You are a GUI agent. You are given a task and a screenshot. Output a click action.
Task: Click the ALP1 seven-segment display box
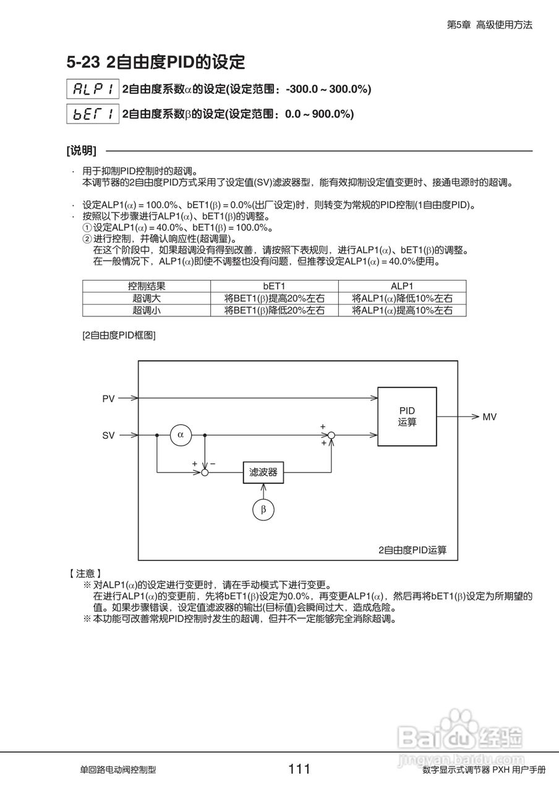click(92, 89)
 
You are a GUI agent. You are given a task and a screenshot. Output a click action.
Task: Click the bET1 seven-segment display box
click(92, 114)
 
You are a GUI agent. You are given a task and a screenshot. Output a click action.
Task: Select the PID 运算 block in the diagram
click(407, 417)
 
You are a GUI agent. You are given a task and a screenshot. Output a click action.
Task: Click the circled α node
click(181, 435)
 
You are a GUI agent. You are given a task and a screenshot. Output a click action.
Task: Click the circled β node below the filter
click(263, 510)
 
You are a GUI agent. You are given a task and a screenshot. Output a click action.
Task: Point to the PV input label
click(108, 399)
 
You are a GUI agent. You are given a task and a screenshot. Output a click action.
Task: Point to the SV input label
click(108, 436)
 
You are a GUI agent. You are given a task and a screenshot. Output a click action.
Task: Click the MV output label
click(489, 417)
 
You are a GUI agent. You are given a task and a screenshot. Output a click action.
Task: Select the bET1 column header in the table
click(274, 287)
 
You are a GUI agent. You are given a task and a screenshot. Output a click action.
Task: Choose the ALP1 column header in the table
click(402, 287)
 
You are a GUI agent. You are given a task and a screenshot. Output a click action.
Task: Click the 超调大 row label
click(147, 298)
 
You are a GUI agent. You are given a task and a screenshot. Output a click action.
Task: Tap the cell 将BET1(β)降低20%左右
click(274, 310)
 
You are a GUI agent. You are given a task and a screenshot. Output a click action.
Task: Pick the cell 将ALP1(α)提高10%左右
click(402, 310)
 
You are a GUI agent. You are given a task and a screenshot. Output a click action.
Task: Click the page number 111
click(299, 769)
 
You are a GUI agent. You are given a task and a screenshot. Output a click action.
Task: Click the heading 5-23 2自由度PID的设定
click(156, 62)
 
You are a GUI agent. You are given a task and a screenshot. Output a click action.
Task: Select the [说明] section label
click(81, 151)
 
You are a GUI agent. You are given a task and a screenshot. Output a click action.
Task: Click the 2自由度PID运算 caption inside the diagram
click(412, 549)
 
